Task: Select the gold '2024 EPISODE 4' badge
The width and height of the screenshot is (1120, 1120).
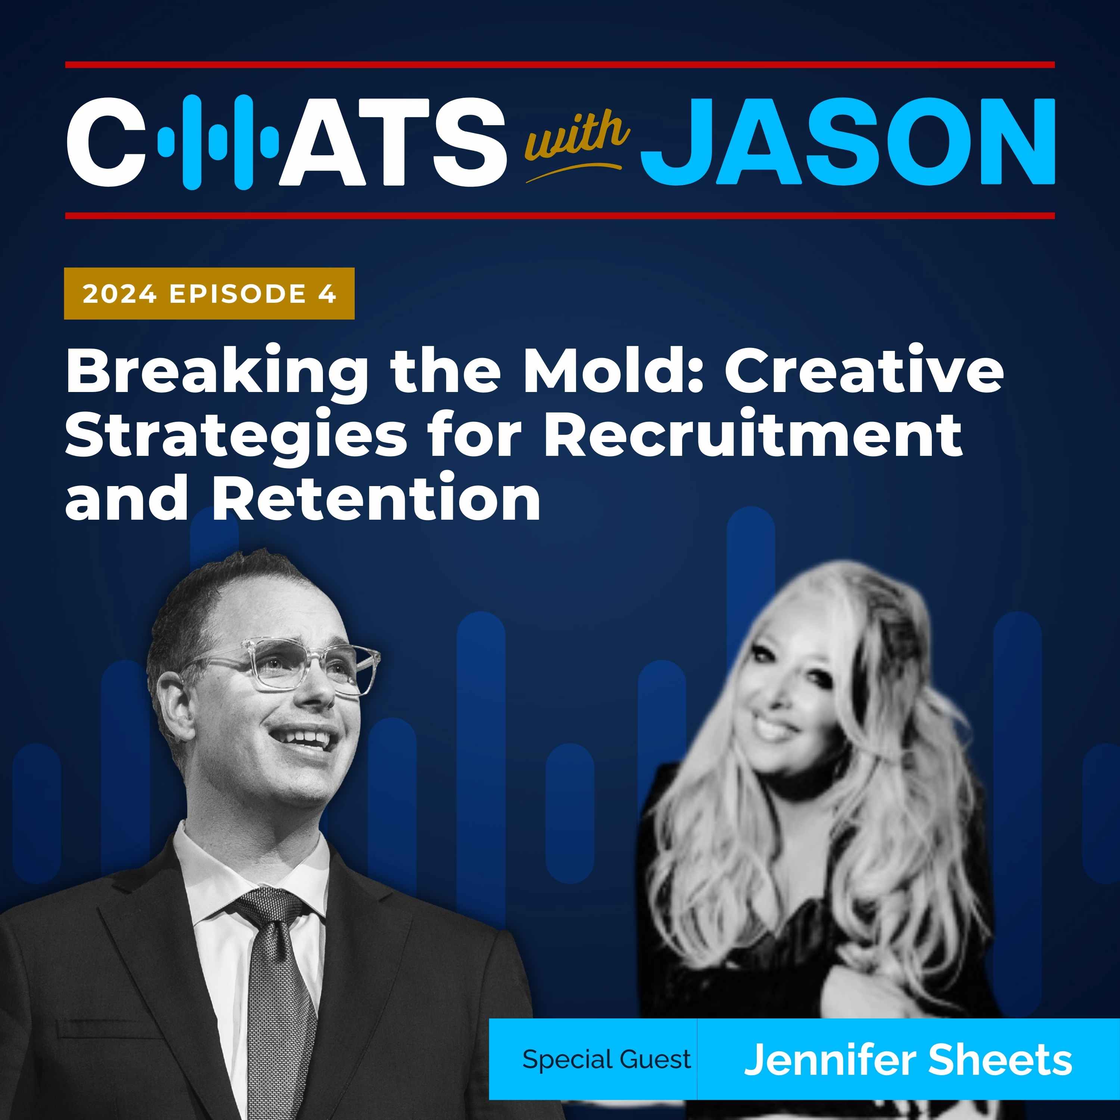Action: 209,293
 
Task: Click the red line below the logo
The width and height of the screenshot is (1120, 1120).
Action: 560,216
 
